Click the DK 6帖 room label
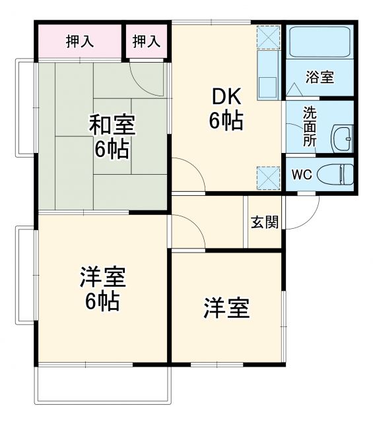point(226,108)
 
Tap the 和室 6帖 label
point(110,136)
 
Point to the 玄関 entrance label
point(263,222)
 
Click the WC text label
point(301,175)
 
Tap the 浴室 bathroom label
point(319,76)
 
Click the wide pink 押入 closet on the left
point(79,42)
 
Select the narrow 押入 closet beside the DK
point(147,42)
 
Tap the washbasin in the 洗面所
point(341,138)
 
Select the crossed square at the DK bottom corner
point(268,176)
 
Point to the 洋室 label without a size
point(226,307)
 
